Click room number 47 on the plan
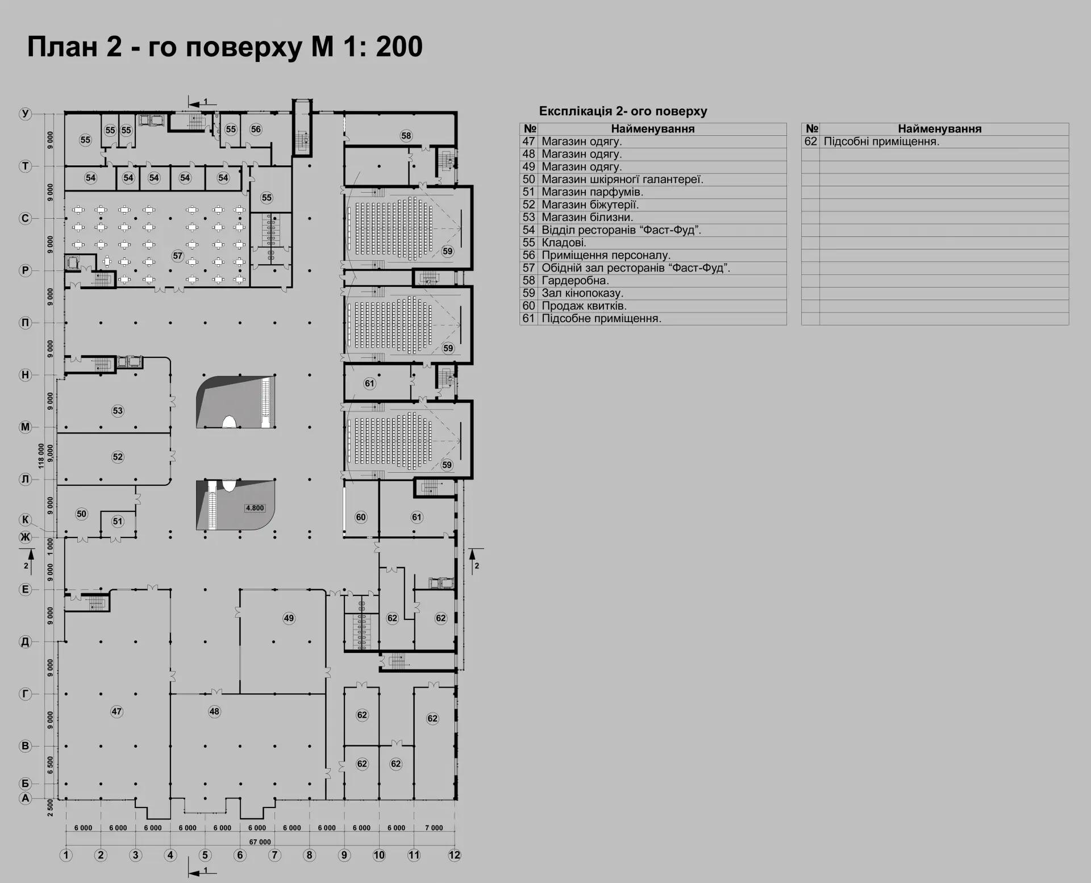(x=116, y=711)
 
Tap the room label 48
(x=214, y=711)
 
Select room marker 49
(x=289, y=618)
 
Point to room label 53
(x=118, y=411)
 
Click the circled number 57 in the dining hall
(x=178, y=256)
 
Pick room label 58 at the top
(x=406, y=136)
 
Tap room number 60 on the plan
(x=361, y=517)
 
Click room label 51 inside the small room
(x=118, y=521)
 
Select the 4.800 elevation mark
(x=255, y=508)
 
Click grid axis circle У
(x=25, y=114)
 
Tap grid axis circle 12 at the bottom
(x=455, y=855)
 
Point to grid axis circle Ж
(x=25, y=537)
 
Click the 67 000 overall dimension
(x=260, y=842)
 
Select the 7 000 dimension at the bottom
(x=434, y=828)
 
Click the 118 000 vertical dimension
(x=41, y=456)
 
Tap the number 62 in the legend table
(x=811, y=141)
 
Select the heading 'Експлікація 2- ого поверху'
(x=623, y=111)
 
